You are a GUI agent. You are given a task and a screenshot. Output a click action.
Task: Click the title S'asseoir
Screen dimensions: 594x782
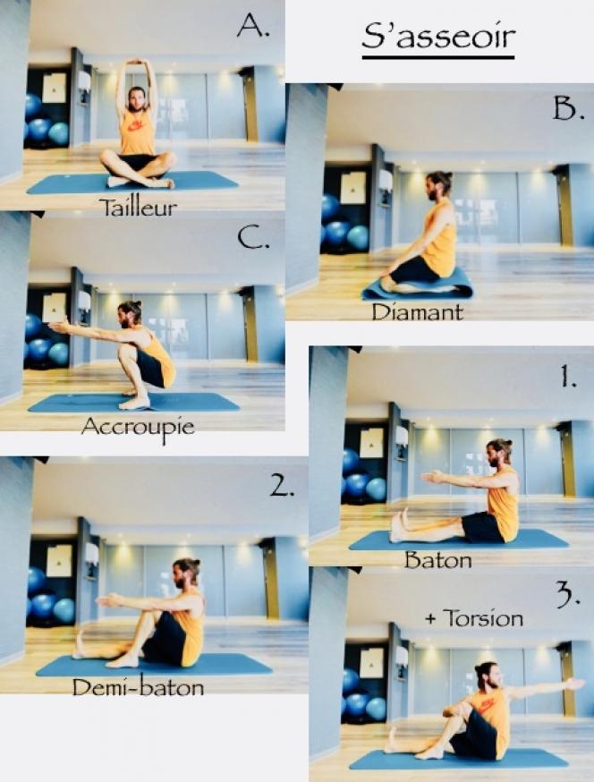tap(438, 38)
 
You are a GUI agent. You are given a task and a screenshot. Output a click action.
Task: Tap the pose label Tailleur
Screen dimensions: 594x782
tap(138, 208)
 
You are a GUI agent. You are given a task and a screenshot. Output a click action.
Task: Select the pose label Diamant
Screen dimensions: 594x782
tap(418, 312)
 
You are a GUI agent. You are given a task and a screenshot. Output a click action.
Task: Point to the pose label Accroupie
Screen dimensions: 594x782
tap(138, 428)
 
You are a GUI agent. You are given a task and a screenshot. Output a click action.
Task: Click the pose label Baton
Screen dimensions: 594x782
tap(437, 560)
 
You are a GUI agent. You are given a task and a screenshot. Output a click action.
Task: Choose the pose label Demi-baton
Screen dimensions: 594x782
tap(138, 688)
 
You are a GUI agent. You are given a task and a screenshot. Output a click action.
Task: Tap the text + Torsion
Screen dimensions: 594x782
tap(474, 618)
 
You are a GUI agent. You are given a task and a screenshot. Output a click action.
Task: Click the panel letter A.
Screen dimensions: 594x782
tap(253, 25)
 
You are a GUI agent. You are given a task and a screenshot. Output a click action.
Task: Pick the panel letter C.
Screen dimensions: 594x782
tap(253, 238)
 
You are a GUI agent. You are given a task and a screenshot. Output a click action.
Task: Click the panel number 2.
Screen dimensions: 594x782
tap(282, 485)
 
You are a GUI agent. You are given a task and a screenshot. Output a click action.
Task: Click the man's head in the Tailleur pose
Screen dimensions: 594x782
tap(136, 99)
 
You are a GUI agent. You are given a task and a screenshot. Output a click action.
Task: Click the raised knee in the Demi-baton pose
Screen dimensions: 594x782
tap(148, 616)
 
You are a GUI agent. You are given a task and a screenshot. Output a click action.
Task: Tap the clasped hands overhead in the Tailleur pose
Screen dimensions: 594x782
tap(137, 63)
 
